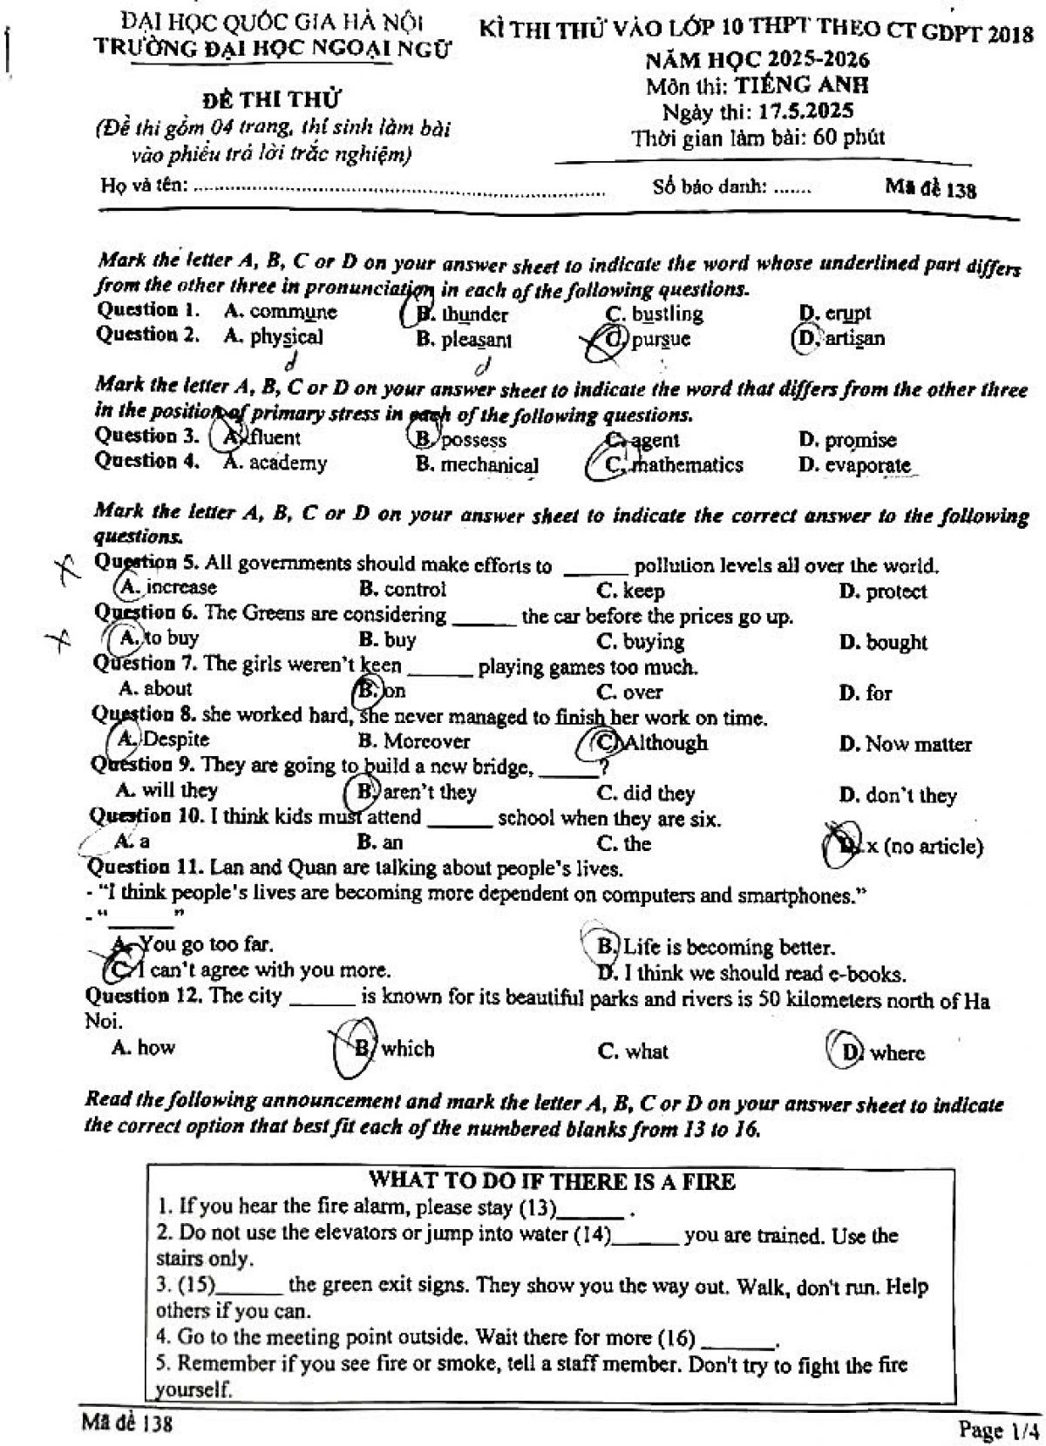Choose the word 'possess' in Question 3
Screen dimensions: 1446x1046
472,440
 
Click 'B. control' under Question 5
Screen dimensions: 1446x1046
402,590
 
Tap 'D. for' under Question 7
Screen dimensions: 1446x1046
866,693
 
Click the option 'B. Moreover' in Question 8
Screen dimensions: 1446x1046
414,742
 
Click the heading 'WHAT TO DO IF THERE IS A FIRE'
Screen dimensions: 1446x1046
553,1181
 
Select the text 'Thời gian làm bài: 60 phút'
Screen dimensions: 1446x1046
757,137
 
